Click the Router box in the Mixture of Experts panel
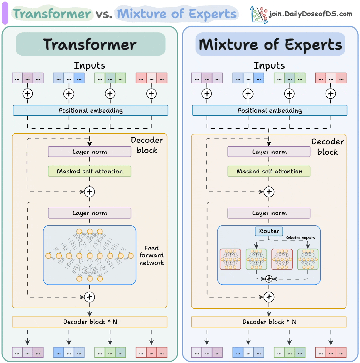(x=269, y=231)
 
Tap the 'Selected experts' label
(x=300, y=238)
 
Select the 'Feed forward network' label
(x=152, y=255)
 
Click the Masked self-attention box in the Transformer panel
(x=89, y=171)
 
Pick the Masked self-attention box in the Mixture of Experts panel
(x=269, y=171)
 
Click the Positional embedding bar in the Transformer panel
(x=90, y=110)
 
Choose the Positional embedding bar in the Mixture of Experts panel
(x=270, y=110)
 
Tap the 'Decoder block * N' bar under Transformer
(x=89, y=322)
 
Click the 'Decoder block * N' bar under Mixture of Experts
(x=269, y=322)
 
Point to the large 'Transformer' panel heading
(x=90, y=44)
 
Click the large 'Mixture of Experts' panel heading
(x=270, y=44)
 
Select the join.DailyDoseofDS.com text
(x=310, y=14)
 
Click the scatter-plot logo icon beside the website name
(x=259, y=14)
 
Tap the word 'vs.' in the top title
(x=103, y=14)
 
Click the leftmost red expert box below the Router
(x=230, y=259)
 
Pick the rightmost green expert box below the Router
(x=308, y=259)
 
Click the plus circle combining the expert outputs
(x=269, y=279)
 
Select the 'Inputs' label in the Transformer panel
(x=89, y=65)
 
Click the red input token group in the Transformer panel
(x=151, y=78)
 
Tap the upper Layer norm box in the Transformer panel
(x=89, y=152)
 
